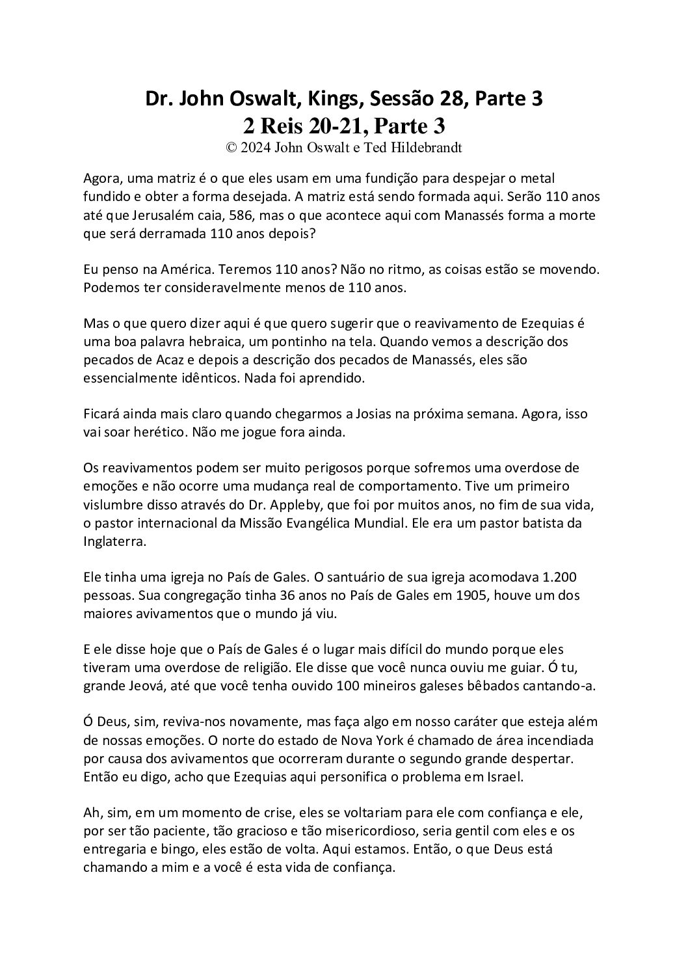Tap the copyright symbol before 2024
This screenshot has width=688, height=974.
tap(231, 147)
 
